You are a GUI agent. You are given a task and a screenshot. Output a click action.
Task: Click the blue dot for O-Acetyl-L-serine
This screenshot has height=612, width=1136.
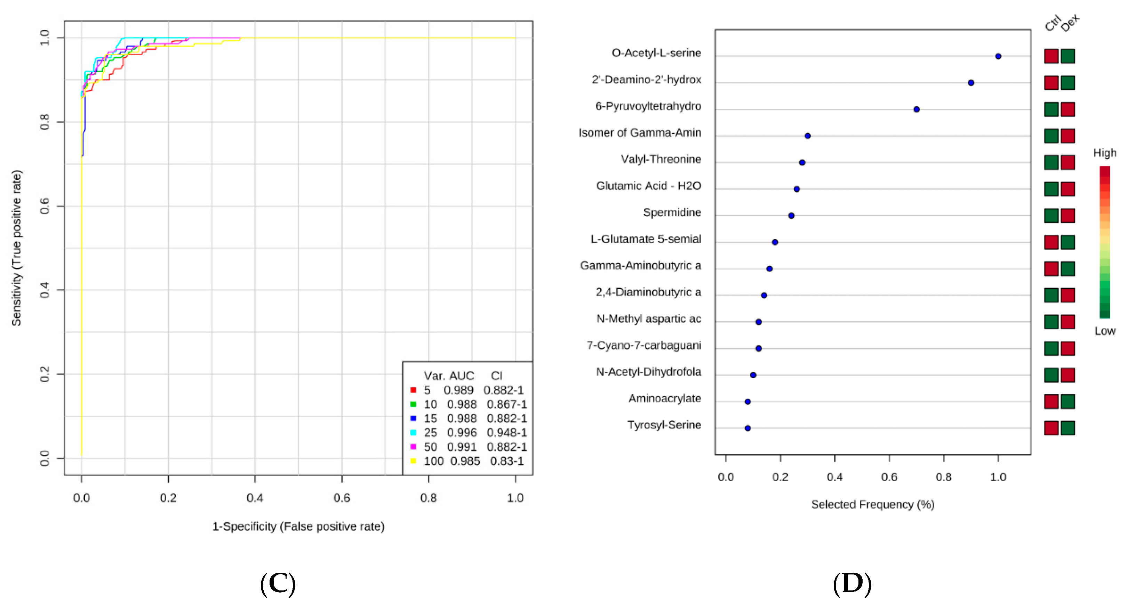coord(998,56)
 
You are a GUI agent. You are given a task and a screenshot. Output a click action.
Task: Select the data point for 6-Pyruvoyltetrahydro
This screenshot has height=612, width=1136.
coord(917,109)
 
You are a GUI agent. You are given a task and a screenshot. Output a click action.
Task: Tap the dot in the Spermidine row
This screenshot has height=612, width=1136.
coord(791,216)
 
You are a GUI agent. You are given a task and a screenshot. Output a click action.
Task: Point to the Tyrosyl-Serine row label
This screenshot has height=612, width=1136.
coord(664,425)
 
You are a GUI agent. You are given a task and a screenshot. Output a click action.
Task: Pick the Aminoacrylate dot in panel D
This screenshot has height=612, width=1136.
coord(747,402)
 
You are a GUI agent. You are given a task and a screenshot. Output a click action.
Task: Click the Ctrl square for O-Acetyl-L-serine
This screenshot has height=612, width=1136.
coord(1051,56)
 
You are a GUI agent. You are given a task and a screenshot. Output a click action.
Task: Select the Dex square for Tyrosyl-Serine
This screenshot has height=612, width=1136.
coord(1067,428)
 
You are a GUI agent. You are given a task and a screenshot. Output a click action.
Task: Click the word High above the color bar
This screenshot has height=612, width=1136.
coord(1105,153)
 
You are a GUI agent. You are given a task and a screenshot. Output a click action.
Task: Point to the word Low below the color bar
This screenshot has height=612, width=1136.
coord(1105,331)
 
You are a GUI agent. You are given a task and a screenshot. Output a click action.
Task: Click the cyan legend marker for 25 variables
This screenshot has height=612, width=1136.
coord(413,433)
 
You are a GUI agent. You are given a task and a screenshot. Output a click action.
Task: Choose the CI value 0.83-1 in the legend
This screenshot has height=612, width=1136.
coord(507,461)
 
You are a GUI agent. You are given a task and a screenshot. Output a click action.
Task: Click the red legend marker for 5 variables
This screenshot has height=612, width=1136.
coord(413,390)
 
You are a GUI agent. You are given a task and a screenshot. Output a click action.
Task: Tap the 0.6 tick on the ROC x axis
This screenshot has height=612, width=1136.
coord(342,498)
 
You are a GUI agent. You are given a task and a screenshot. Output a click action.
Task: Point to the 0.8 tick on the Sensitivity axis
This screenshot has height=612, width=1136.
coord(45,122)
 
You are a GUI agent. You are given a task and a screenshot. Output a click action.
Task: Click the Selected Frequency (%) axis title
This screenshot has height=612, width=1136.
coord(873,505)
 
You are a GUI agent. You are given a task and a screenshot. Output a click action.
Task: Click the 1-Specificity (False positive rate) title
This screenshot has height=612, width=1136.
coord(298,526)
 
